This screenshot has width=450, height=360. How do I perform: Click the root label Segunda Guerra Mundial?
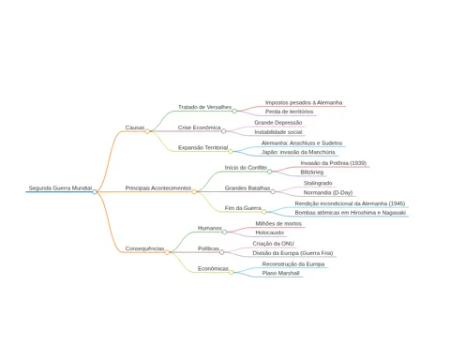(60, 188)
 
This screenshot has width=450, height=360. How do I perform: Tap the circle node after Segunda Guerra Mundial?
(95, 192)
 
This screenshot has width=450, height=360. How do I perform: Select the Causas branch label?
(135, 127)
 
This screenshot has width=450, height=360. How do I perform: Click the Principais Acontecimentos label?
(158, 188)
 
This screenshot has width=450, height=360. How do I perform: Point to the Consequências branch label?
(144, 248)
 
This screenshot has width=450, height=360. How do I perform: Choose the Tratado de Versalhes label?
(204, 107)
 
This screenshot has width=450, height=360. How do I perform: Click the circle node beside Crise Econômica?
(223, 131)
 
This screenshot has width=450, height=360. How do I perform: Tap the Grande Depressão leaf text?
(278, 123)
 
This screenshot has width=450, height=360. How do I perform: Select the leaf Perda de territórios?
(290, 112)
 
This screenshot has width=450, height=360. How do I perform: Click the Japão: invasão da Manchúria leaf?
(298, 152)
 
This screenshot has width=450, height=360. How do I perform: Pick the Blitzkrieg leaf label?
(312, 172)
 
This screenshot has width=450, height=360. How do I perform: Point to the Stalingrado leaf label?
(318, 183)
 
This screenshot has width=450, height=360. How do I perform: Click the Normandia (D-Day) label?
(328, 192)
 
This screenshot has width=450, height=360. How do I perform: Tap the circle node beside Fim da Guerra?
(264, 212)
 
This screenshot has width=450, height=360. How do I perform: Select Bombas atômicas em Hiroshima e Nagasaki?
(351, 213)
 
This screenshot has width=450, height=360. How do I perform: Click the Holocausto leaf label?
(270, 232)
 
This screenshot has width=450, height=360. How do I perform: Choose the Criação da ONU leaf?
(274, 244)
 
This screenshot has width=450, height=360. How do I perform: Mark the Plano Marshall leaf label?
(281, 273)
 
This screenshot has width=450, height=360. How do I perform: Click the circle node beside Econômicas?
(232, 273)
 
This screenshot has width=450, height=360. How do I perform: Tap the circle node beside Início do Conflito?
(270, 172)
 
